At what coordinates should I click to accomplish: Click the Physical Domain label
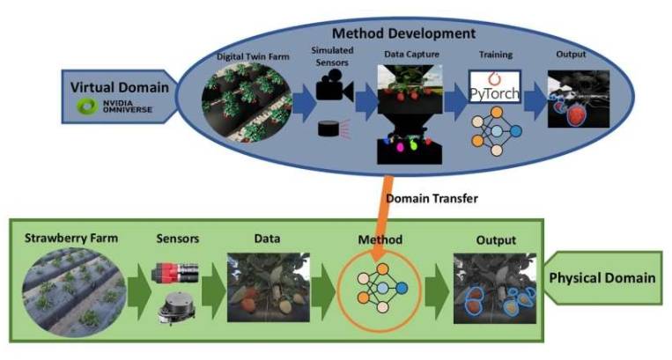click(602, 278)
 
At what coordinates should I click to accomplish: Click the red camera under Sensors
click(174, 271)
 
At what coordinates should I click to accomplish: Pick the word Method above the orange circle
click(380, 239)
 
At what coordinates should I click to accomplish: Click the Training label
click(495, 55)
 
